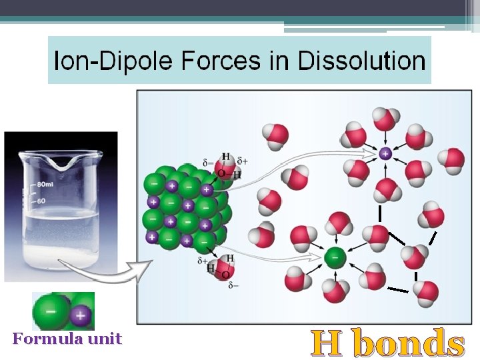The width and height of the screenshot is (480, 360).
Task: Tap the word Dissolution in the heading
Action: pyautogui.click(x=361, y=61)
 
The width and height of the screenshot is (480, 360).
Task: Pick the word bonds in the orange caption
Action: pyautogui.click(x=408, y=343)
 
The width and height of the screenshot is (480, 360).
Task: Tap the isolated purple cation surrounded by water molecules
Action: pyautogui.click(x=385, y=153)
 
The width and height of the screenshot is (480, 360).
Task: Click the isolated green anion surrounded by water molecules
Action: pyautogui.click(x=335, y=256)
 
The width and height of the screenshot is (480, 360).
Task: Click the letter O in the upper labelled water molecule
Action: pyautogui.click(x=221, y=173)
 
